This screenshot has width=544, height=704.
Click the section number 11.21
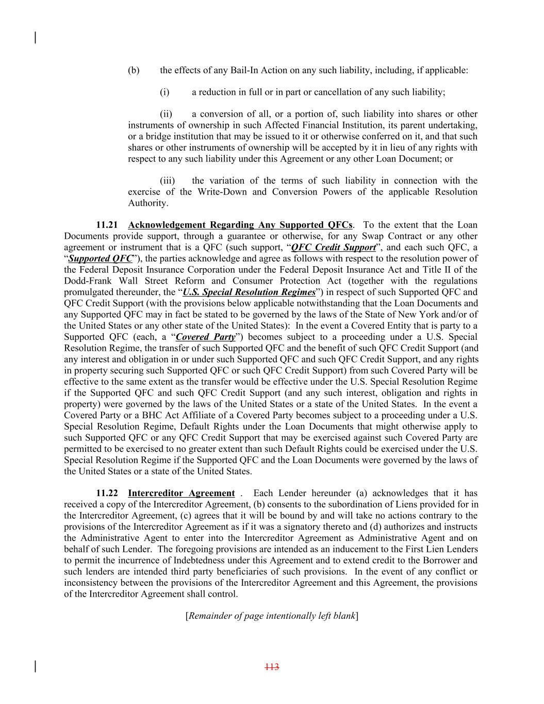107,225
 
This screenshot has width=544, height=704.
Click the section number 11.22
107,493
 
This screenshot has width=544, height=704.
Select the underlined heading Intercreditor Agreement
181,493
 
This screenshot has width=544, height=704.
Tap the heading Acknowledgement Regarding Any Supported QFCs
240,225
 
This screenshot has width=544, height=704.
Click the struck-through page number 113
272,667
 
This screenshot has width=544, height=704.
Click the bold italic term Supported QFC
101,258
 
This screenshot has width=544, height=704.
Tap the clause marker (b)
134,70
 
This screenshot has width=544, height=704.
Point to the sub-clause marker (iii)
167,181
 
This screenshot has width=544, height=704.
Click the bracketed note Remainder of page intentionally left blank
272,616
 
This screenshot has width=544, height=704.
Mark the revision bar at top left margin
35,38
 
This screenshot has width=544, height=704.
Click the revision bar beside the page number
35,666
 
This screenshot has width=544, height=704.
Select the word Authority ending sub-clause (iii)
147,203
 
